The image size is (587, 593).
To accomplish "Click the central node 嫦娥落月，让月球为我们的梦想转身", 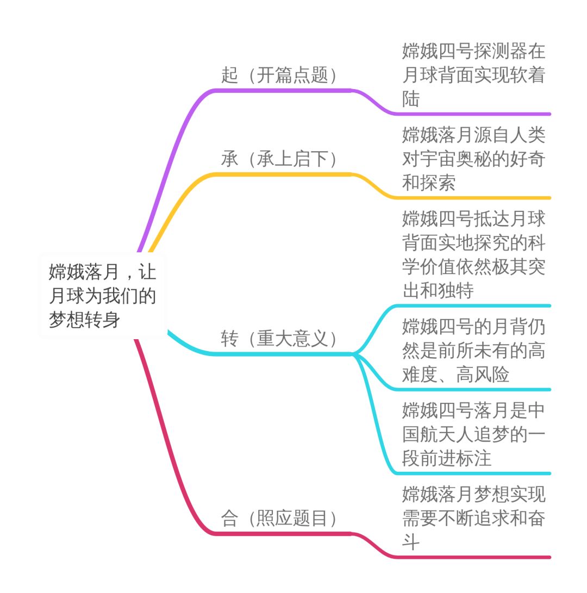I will click(x=102, y=296).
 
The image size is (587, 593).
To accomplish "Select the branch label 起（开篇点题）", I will click(x=279, y=75).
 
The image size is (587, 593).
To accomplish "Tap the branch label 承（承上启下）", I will click(x=279, y=159).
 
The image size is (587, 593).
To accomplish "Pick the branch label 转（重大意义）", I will click(x=279, y=339).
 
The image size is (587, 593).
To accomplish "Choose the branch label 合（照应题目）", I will click(x=279, y=519).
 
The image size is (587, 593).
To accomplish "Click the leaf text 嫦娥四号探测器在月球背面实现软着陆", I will click(x=473, y=76).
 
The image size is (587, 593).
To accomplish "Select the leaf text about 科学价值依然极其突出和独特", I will click(x=473, y=255).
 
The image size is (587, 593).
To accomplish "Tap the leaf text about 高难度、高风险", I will click(x=473, y=351).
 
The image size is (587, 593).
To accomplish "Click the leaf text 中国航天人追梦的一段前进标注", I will click(x=473, y=435).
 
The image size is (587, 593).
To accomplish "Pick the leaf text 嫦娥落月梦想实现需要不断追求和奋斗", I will click(x=473, y=519).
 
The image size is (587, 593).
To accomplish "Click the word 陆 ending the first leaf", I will click(x=411, y=99).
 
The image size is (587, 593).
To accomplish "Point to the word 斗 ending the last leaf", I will click(x=411, y=542).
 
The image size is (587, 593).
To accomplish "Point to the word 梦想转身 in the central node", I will click(x=84, y=320).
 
